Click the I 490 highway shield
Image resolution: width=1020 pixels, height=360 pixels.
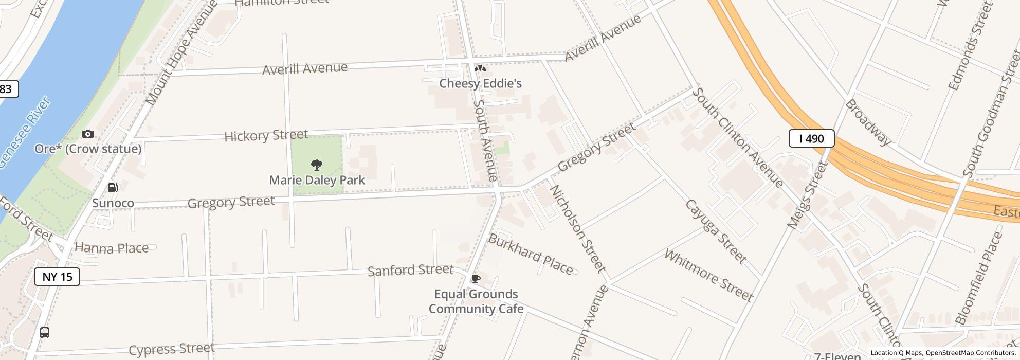811,138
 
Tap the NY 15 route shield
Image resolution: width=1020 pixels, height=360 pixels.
57,277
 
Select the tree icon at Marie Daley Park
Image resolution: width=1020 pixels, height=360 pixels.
317,165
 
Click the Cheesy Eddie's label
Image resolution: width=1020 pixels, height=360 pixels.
480,83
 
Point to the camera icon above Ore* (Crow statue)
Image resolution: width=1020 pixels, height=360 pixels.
88,134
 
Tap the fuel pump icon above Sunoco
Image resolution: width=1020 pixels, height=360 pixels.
113,188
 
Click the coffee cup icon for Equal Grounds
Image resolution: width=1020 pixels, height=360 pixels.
476,279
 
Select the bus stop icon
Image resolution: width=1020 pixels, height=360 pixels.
45,333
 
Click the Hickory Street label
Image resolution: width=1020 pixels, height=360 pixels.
266,136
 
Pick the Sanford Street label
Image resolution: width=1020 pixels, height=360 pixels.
410,271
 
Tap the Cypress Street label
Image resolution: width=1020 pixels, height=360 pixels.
171,350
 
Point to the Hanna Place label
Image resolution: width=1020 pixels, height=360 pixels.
112,248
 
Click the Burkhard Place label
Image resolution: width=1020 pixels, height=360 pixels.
530,255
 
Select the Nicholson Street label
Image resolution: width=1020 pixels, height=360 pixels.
577,228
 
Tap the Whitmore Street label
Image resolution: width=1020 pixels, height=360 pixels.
708,275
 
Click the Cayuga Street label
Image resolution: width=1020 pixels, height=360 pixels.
716,231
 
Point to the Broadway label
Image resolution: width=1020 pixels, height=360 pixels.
868,122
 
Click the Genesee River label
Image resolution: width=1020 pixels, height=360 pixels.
25,133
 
